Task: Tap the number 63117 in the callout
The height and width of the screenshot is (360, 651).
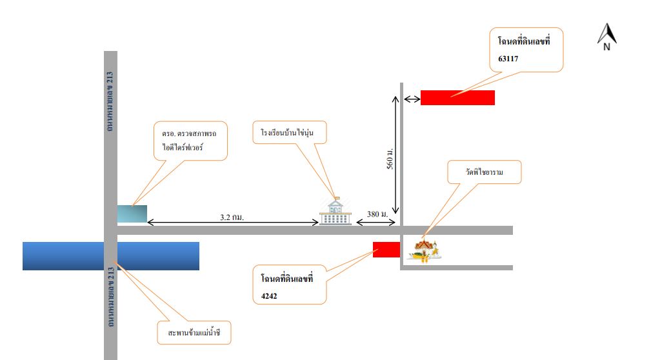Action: [x=508, y=59]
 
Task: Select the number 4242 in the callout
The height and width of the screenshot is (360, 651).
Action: [x=269, y=296]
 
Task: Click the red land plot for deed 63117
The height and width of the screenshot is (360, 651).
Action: [x=457, y=97]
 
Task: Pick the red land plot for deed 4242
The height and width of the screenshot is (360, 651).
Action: [x=386, y=250]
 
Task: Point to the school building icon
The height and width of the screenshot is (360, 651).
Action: [x=336, y=211]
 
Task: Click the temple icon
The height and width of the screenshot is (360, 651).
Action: [x=424, y=250]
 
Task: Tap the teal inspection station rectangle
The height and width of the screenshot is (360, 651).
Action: [x=132, y=214]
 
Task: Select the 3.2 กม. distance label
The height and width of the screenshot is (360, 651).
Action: [x=232, y=217]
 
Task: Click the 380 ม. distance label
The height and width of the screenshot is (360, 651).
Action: [x=377, y=214]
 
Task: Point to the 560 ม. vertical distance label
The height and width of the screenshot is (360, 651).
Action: [x=390, y=158]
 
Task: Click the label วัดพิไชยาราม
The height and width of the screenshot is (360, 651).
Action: [x=484, y=172]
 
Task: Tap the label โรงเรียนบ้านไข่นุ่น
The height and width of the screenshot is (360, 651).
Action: [x=287, y=132]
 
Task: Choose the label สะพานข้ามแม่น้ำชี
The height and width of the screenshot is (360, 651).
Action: [x=194, y=333]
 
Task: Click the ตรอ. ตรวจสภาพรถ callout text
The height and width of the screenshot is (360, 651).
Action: [x=189, y=134]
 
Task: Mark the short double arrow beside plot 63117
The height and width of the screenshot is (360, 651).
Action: [x=412, y=99]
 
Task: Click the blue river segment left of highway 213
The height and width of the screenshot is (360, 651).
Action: [x=63, y=256]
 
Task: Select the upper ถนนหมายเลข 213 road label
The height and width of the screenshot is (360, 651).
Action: [x=110, y=102]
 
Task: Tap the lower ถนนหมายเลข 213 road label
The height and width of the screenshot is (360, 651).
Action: [x=111, y=297]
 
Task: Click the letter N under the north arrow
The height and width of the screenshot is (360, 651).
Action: [x=606, y=47]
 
